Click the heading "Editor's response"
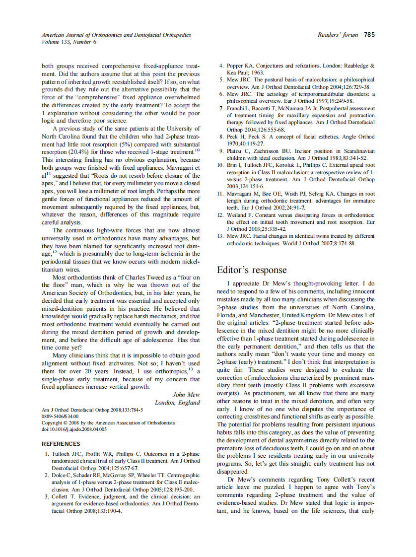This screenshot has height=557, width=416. click(x=252, y=270)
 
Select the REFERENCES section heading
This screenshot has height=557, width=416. click(x=61, y=444)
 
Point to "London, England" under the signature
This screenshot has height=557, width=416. click(x=177, y=403)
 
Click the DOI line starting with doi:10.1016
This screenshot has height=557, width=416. click(x=74, y=429)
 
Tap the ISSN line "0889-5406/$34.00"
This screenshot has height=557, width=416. click(x=60, y=416)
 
